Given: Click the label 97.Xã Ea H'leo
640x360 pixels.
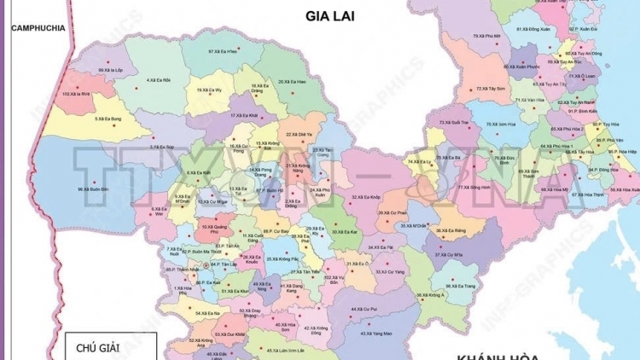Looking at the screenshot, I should [x=223, y=51].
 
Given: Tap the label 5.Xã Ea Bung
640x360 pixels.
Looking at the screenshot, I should [x=108, y=119].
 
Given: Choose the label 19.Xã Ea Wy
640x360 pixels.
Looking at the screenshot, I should [x=209, y=89].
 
